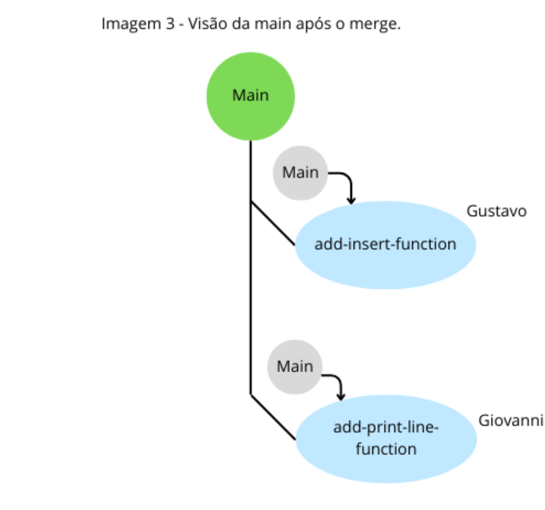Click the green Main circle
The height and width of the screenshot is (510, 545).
tap(250, 96)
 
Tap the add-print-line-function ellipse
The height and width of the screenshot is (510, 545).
tap(385, 438)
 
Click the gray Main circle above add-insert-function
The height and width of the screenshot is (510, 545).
tap(300, 173)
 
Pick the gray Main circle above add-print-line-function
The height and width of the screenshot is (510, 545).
tap(294, 367)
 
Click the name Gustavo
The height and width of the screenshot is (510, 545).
tap(496, 212)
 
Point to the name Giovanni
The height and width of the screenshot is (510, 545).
tap(510, 421)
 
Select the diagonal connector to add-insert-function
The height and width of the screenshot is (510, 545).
tap(274, 223)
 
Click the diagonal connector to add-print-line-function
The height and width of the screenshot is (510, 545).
tap(274, 418)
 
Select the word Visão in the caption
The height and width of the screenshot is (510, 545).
tap(209, 24)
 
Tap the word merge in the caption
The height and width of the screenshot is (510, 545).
tap(378, 24)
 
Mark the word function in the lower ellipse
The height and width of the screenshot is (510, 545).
tap(385, 448)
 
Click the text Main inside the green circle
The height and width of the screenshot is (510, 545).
tap(250, 96)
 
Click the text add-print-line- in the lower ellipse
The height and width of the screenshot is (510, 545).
tap(385, 428)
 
